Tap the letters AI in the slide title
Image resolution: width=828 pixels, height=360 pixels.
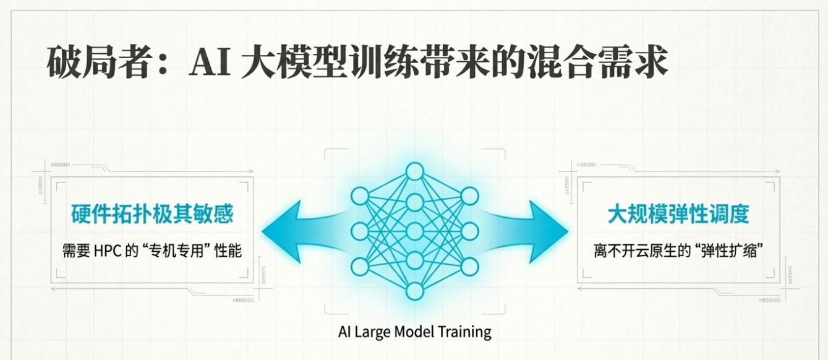coord(210,62)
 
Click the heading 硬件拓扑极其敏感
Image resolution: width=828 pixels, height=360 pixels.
coord(152,214)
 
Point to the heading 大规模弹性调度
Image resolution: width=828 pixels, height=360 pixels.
coord(678,214)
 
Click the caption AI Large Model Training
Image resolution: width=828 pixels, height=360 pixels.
coord(414,332)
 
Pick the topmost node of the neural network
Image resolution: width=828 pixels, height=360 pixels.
coord(414,171)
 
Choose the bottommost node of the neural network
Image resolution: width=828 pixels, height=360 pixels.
coord(414,291)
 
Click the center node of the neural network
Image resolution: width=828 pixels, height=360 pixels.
coord(414,231)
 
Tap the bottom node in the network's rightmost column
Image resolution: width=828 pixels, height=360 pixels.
coord(469,267)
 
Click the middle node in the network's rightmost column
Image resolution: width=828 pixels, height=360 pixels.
coord(469,231)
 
